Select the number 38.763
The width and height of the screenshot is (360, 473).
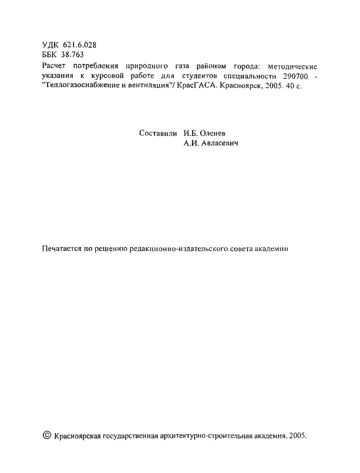[73, 55]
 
